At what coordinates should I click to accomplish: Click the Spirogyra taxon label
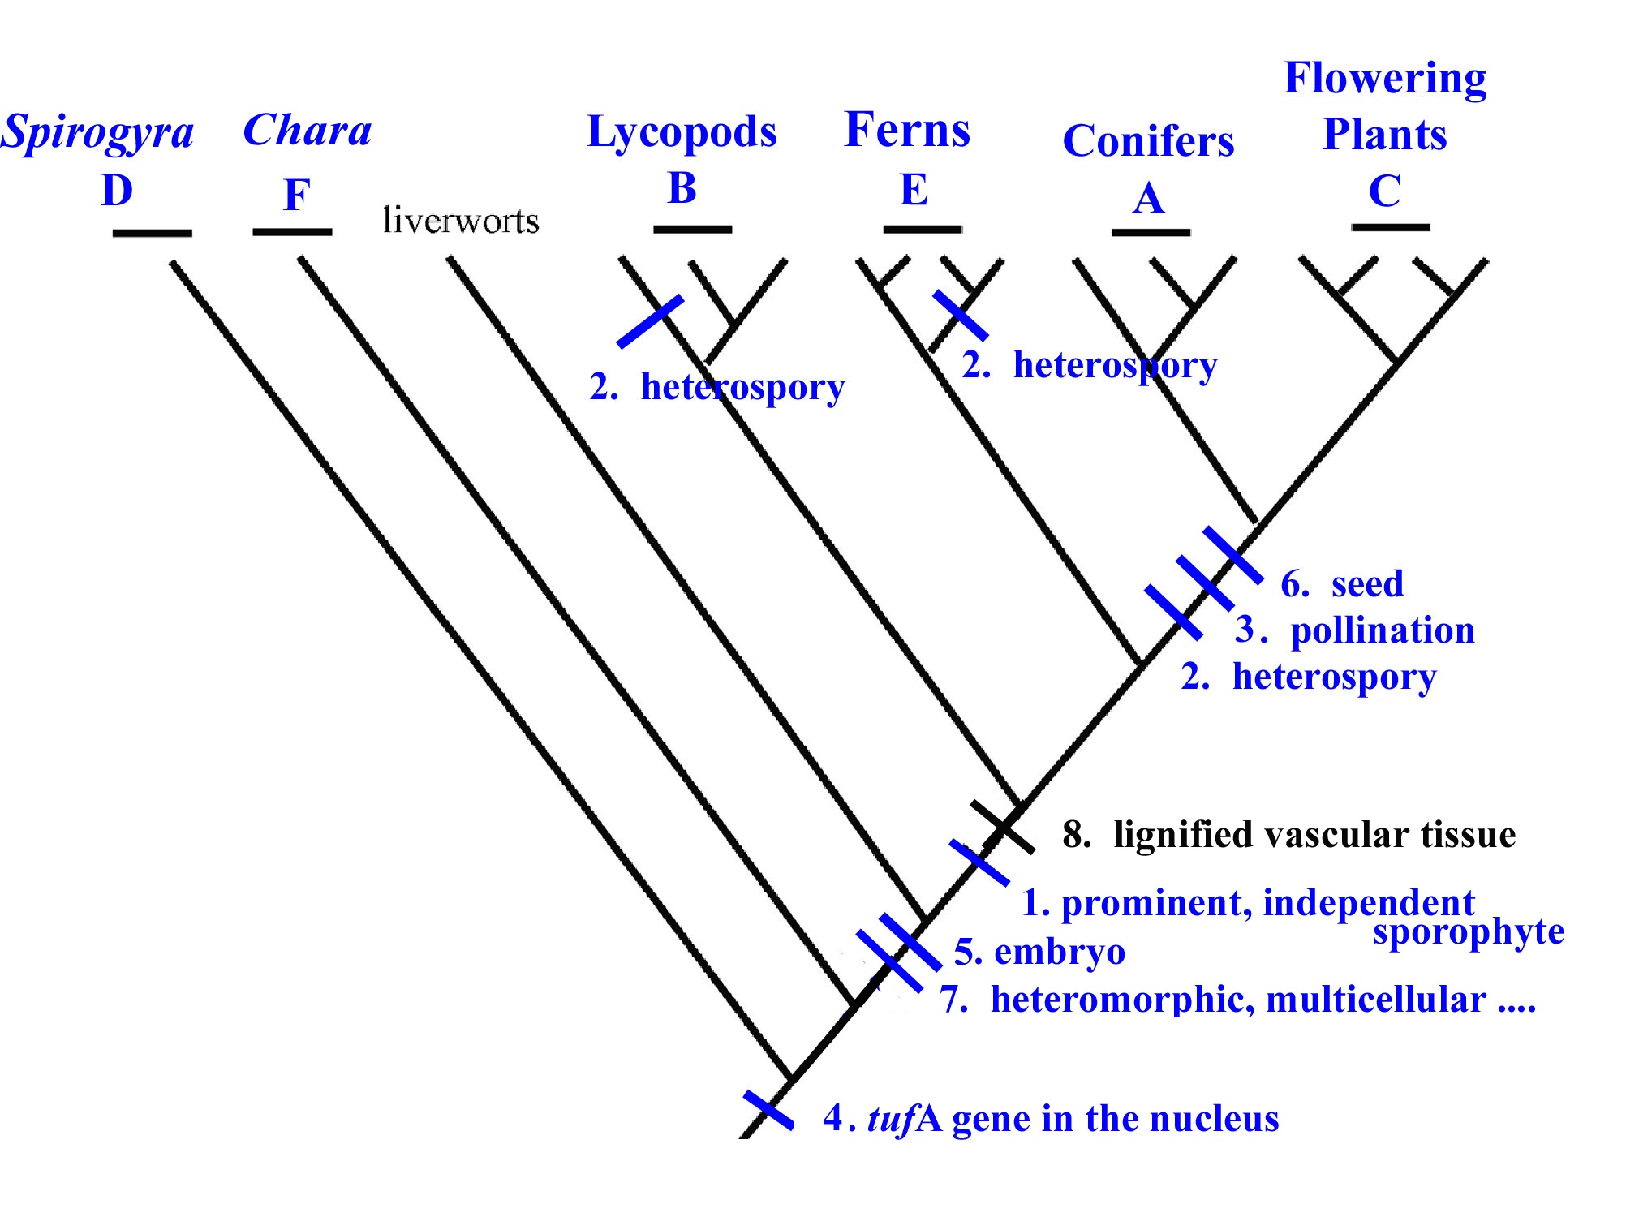click(x=97, y=133)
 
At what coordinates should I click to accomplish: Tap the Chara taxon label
click(x=308, y=130)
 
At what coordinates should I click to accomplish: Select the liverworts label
click(x=461, y=221)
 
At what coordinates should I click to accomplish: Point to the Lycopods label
click(x=682, y=131)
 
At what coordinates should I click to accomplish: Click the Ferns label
click(x=907, y=130)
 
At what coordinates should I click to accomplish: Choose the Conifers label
click(x=1148, y=141)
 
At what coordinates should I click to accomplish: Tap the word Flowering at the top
click(x=1385, y=79)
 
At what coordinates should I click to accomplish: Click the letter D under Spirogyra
click(x=117, y=191)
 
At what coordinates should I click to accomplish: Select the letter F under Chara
click(x=296, y=195)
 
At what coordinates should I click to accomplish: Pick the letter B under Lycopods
click(x=682, y=188)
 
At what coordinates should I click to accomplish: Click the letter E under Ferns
click(x=914, y=190)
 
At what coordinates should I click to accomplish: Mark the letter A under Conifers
click(x=1148, y=198)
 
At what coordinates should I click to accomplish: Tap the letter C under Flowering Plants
click(x=1384, y=191)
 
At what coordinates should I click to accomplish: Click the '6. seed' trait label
click(x=1342, y=583)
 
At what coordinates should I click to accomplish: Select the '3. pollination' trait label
click(x=1355, y=630)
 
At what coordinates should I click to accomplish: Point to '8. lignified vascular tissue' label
click(x=1288, y=834)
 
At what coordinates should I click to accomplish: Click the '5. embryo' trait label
click(x=1039, y=951)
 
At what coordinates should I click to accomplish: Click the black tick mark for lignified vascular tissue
click(x=1003, y=828)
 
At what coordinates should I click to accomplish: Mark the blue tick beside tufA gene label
click(x=768, y=1110)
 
